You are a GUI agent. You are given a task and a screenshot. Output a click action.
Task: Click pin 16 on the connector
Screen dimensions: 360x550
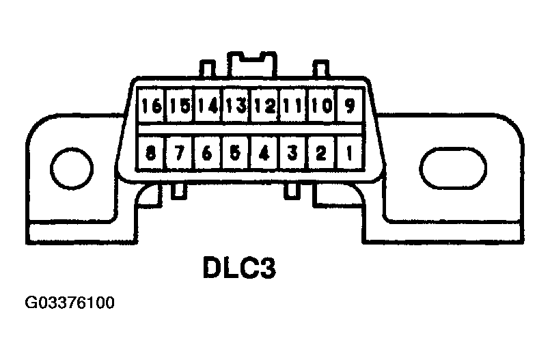pyautogui.click(x=152, y=107)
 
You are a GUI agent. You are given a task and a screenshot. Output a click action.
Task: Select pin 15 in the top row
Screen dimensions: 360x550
pyautogui.click(x=180, y=107)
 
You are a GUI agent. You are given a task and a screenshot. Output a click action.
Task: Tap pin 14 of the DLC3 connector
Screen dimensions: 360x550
pyautogui.click(x=208, y=107)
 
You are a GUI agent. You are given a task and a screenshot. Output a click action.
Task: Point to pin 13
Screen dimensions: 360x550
pyautogui.click(x=236, y=107)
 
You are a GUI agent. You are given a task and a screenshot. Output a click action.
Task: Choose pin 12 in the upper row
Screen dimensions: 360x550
pyautogui.click(x=264, y=107)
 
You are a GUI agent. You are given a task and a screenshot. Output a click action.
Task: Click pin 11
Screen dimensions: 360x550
pyautogui.click(x=292, y=107)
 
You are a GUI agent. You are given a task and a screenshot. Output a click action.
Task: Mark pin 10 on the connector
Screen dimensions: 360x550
pyautogui.click(x=320, y=107)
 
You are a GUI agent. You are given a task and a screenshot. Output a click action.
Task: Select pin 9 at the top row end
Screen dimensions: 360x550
pyautogui.click(x=348, y=107)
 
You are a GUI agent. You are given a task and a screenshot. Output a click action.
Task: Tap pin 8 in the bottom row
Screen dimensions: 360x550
pyautogui.click(x=152, y=154)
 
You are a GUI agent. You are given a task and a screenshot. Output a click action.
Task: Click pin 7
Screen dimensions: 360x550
pyautogui.click(x=180, y=154)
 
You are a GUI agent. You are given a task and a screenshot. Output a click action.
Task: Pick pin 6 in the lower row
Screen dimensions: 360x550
pyautogui.click(x=208, y=154)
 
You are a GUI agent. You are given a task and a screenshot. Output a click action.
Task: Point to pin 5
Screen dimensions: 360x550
pyautogui.click(x=236, y=154)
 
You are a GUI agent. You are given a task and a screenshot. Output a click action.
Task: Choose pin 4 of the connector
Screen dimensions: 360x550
pyautogui.click(x=264, y=154)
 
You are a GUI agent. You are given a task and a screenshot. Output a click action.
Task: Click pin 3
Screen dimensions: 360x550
pyautogui.click(x=292, y=154)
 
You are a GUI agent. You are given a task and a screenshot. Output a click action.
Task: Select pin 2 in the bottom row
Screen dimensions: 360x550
pyautogui.click(x=320, y=154)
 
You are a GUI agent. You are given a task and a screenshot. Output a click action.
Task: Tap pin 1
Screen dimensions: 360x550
pyautogui.click(x=348, y=154)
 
